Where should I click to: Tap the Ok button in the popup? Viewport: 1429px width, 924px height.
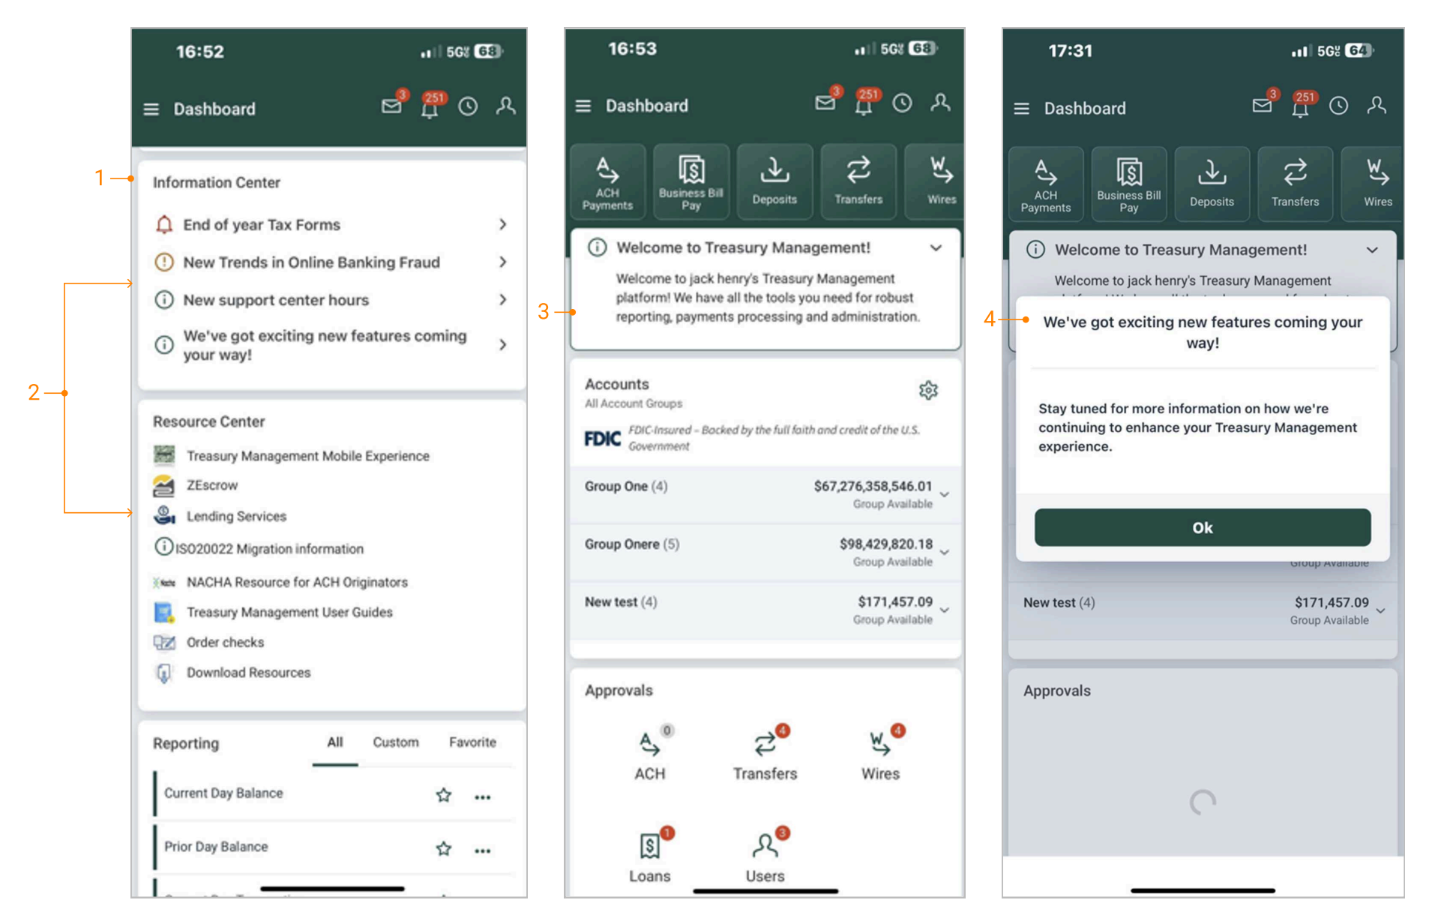coord(1202,527)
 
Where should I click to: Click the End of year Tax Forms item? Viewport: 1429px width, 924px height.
coord(261,224)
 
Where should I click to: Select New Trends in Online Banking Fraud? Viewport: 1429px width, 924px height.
coord(311,262)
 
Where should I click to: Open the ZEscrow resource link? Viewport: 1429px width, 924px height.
coord(211,485)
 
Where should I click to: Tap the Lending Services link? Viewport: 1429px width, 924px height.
coord(236,516)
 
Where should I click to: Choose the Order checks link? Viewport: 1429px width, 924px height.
coord(225,642)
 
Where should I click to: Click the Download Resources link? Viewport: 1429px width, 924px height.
coord(248,672)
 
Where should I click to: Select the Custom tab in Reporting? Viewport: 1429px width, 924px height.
coord(396,742)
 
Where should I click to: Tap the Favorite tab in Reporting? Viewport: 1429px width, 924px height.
coord(472,742)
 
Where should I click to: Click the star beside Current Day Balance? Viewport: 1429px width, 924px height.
coord(444,795)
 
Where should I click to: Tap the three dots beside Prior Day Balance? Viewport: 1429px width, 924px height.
coord(483,850)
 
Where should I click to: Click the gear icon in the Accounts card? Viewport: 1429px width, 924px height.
coord(928,390)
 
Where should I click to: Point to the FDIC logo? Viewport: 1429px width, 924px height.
coord(602,438)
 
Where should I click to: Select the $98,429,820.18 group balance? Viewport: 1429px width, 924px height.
coord(885,544)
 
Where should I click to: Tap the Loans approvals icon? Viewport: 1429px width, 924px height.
coord(650,845)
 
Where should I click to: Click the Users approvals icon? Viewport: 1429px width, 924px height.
coord(765,845)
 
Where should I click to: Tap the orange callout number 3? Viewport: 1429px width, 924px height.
coord(543,311)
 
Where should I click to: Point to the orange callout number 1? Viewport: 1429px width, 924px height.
coord(99,178)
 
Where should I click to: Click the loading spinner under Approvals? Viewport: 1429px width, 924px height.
coord(1202,802)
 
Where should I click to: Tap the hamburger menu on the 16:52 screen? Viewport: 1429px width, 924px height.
coord(151,109)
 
